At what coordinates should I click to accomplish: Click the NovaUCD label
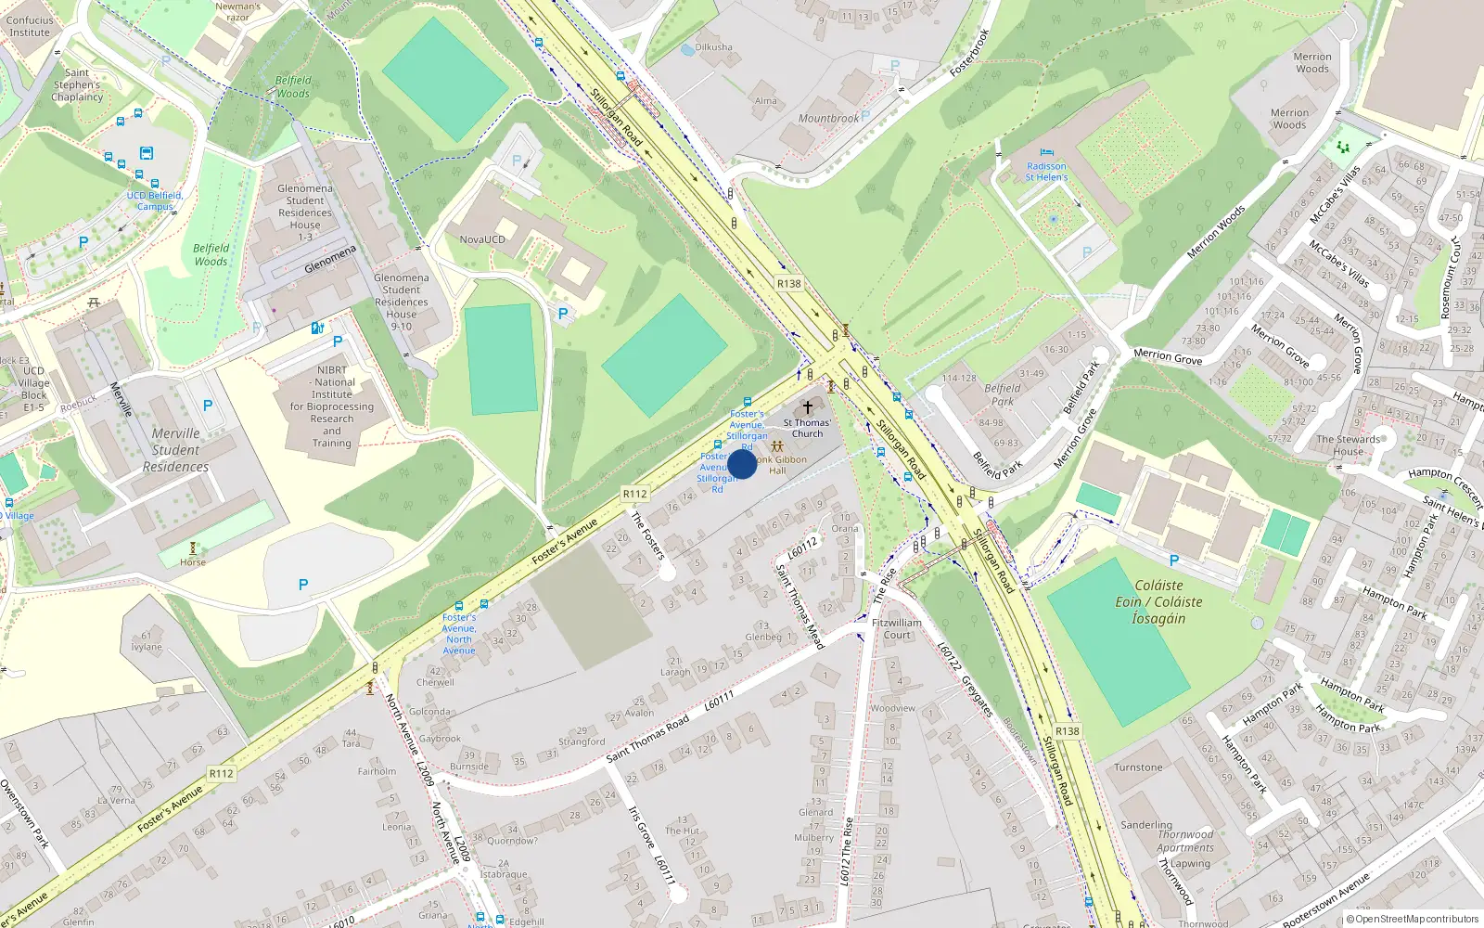(x=482, y=239)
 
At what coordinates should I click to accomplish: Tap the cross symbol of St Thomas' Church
(x=808, y=407)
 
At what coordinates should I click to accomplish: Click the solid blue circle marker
(x=742, y=464)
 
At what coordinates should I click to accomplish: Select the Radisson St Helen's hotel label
(x=1046, y=172)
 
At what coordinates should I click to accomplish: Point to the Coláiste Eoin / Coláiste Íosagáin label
(x=1158, y=601)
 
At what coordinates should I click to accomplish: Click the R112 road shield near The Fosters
(x=635, y=494)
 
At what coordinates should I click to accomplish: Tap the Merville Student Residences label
(x=175, y=450)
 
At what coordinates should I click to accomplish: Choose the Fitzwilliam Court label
(x=897, y=629)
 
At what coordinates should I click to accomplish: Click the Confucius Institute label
(x=30, y=26)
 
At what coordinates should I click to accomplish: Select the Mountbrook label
(x=828, y=119)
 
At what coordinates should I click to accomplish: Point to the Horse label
(x=193, y=562)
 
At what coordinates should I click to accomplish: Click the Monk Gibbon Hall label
(x=780, y=465)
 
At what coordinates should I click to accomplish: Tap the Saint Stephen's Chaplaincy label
(x=77, y=84)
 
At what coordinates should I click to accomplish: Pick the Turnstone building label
(x=1138, y=767)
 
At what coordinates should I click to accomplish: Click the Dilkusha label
(x=713, y=47)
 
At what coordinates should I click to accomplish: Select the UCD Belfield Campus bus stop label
(x=155, y=200)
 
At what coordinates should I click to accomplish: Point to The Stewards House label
(x=1348, y=445)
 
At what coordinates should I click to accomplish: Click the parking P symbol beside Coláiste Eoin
(x=1173, y=561)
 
